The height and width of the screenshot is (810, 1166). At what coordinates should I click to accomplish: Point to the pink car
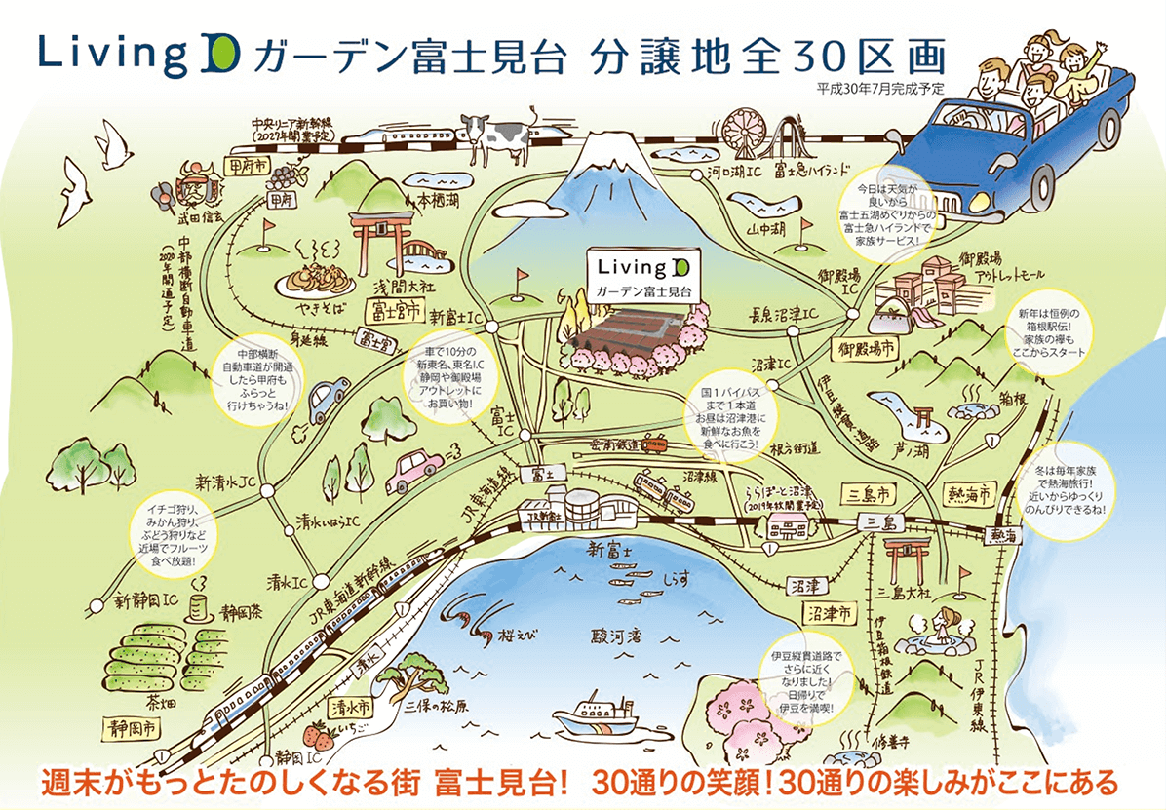coord(414,471)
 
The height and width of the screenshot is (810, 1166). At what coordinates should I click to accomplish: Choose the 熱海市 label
coord(968,494)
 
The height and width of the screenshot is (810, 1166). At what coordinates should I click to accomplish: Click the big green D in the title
coord(225,58)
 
